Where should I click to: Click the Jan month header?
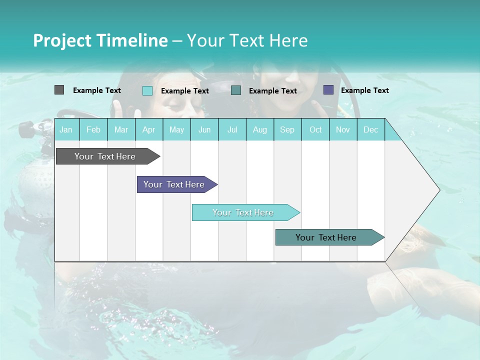point(66,129)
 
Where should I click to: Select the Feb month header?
point(93,129)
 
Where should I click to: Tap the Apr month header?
point(148,129)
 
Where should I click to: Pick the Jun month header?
point(204,129)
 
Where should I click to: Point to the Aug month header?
point(259,129)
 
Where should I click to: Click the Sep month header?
point(287,129)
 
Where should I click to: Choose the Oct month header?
point(315,129)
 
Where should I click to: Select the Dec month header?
point(370,129)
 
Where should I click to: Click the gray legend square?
point(59,90)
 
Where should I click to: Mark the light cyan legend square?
point(147,90)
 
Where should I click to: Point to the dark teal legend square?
point(236,90)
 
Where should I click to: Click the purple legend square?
point(328,90)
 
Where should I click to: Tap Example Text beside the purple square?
point(364,90)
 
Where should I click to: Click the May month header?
point(176,129)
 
